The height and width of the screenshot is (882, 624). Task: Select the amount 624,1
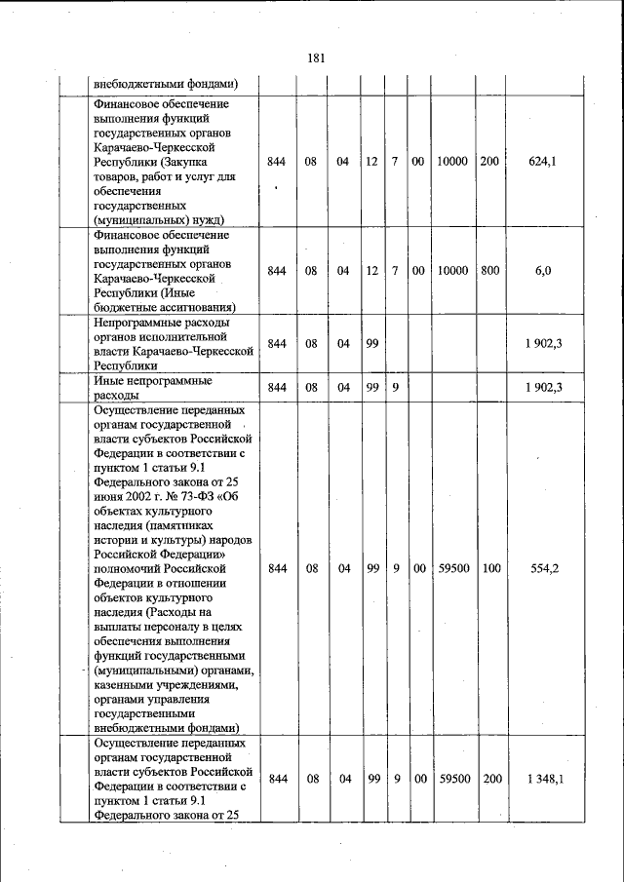click(x=542, y=162)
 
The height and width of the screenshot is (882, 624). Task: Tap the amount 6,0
click(x=542, y=271)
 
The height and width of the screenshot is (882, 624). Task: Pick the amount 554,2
click(x=542, y=568)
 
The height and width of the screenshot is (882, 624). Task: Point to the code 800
click(x=488, y=271)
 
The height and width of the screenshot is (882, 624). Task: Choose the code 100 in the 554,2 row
click(x=488, y=568)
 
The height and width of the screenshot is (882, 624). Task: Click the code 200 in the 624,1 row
click(x=488, y=162)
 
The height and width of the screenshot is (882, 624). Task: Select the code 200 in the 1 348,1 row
click(x=488, y=779)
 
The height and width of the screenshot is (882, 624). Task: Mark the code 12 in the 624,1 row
click(x=371, y=162)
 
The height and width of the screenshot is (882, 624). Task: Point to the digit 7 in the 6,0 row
click(x=395, y=271)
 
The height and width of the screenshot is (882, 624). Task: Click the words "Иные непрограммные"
click(x=153, y=381)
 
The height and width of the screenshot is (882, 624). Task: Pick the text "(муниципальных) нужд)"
click(x=156, y=220)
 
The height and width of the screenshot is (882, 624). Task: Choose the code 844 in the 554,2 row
click(x=277, y=568)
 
